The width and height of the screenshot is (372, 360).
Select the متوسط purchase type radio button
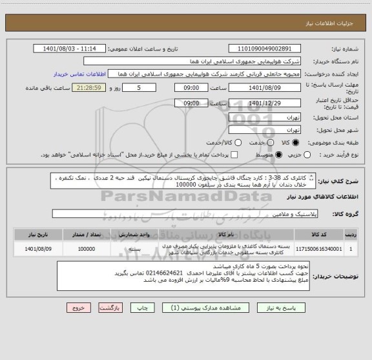coord(279,155)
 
